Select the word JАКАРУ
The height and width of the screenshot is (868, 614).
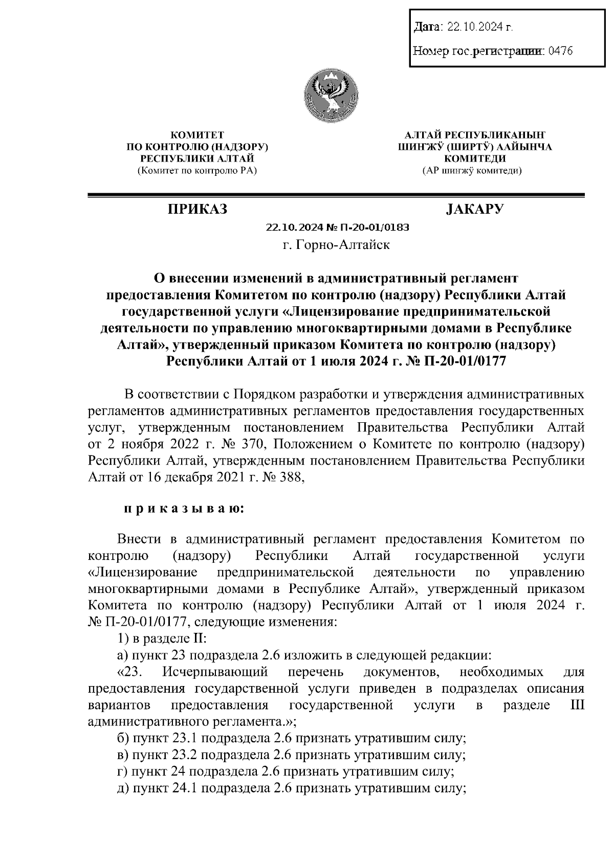475,209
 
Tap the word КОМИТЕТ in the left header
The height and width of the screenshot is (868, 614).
197,135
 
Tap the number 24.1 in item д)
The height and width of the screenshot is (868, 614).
183,788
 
